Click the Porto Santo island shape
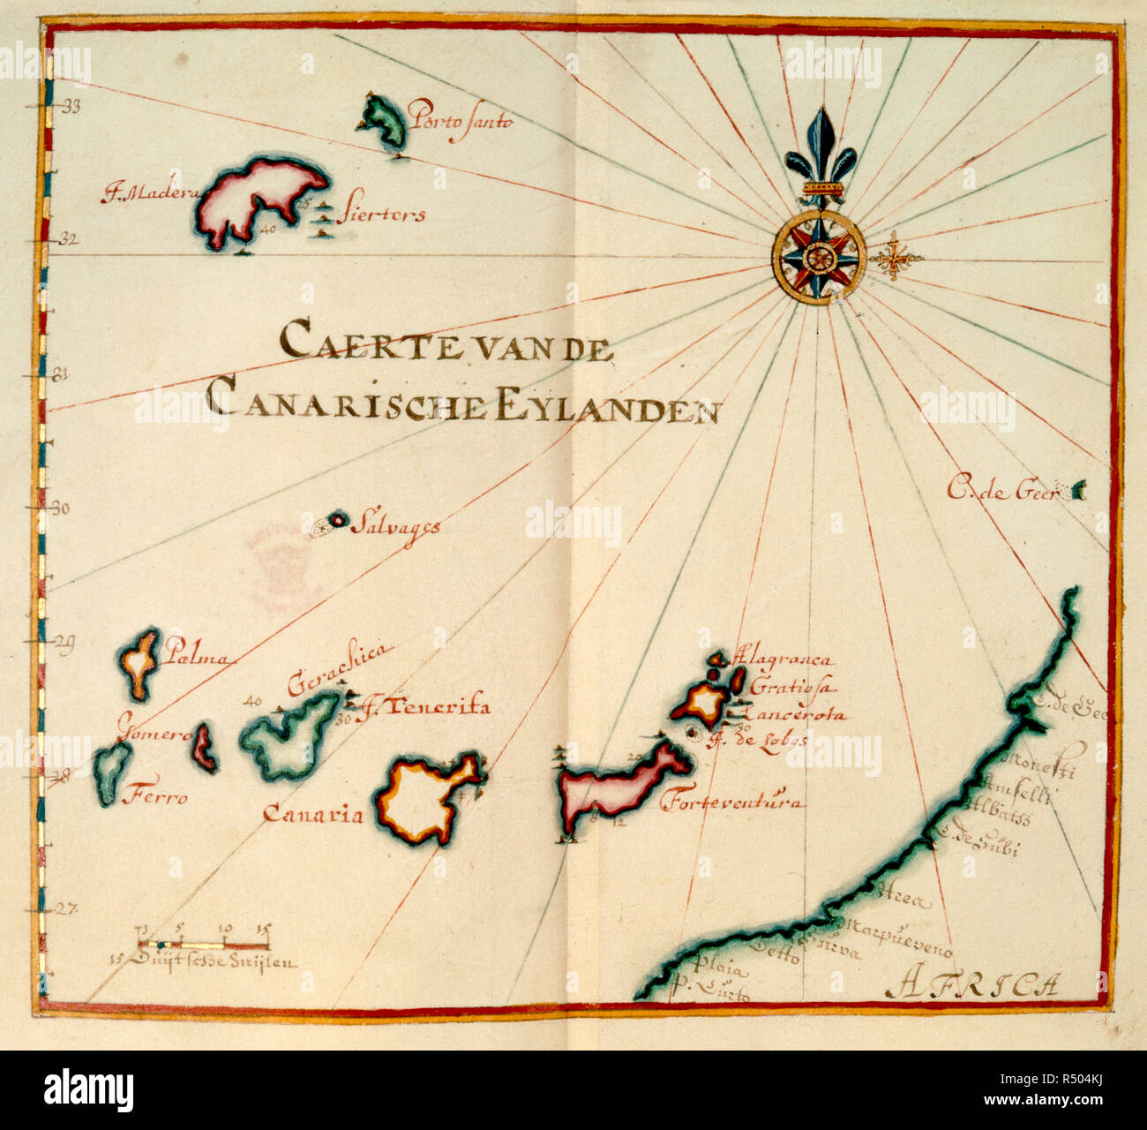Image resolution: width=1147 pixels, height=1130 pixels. pyautogui.click(x=385, y=124)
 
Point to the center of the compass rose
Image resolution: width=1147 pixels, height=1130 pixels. pyautogui.click(x=819, y=258)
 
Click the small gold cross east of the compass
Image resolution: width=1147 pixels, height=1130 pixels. pyautogui.click(x=896, y=259)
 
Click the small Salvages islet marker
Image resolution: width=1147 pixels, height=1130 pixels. pyautogui.click(x=336, y=522)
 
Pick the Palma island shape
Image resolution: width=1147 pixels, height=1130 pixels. pyautogui.click(x=139, y=663)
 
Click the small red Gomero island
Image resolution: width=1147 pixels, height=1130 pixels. pyautogui.click(x=204, y=746)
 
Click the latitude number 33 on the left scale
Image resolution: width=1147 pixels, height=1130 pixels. pyautogui.click(x=69, y=107)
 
